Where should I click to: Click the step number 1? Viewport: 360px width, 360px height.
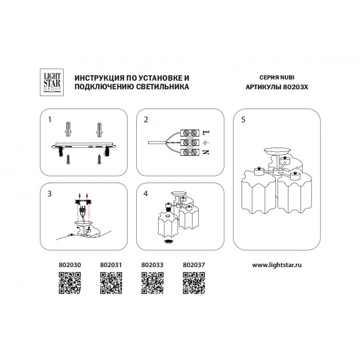tap(50, 119)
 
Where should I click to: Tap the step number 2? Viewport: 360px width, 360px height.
tap(146, 119)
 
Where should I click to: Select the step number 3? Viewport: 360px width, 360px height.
tap(50, 194)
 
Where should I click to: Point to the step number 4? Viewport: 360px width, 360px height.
tap(146, 194)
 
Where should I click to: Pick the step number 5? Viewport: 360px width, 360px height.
tap(243, 119)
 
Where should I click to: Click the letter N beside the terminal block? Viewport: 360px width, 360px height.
tap(206, 153)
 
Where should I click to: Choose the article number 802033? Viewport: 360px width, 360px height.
tap(152, 265)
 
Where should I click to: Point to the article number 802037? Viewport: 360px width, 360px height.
tap(194, 265)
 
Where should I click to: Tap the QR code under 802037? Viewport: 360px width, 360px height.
tap(194, 283)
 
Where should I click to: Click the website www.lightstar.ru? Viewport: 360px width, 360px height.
tap(278, 265)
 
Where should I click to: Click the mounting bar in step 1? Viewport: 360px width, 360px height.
tap(83, 146)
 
